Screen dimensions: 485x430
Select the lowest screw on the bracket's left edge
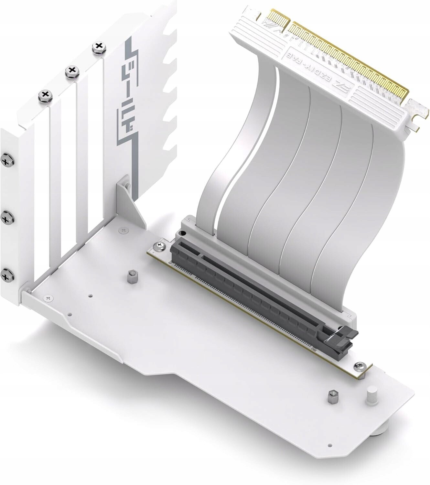click(6, 275)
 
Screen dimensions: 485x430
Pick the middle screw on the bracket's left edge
click(6, 219)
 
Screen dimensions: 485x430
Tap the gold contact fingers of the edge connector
click(349, 65)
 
